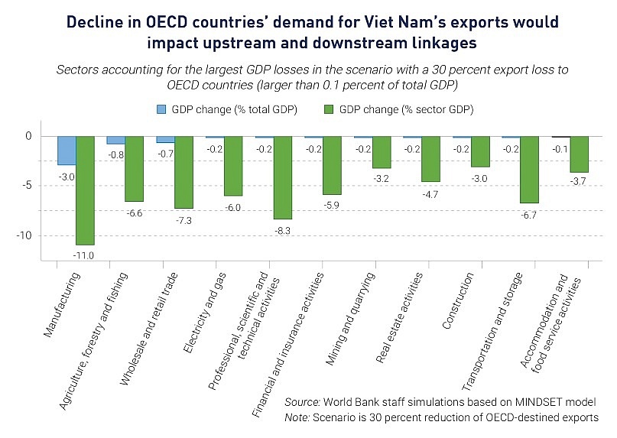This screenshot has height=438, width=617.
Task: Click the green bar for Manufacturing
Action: click(x=86, y=190)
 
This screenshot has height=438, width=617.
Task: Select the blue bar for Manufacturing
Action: click(x=67, y=151)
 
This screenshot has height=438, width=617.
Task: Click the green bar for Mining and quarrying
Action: click(x=382, y=152)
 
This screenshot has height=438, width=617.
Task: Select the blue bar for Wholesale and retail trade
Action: click(x=165, y=140)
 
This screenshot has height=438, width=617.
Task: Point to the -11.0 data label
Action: click(x=84, y=255)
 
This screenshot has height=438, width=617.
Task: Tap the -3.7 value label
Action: click(x=579, y=182)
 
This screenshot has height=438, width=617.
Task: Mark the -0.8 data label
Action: click(x=115, y=154)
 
